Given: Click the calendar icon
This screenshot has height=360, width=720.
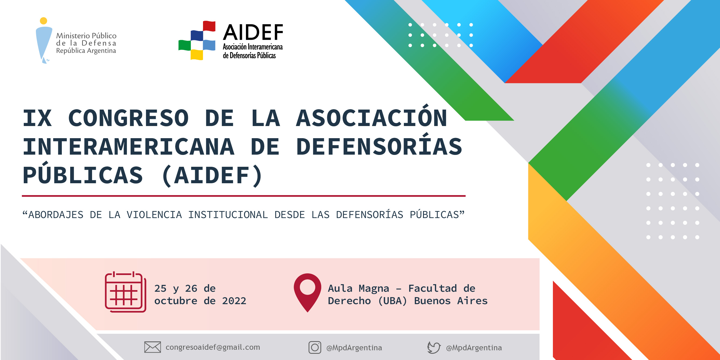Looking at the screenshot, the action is coord(126,292).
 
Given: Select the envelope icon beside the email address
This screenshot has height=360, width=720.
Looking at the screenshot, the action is coord(152,347).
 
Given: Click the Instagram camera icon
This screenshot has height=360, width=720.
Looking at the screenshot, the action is coord(315,347).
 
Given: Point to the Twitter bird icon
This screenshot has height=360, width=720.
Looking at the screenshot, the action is coord(434,347).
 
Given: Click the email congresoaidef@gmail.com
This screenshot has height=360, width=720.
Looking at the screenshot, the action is coord(213,347).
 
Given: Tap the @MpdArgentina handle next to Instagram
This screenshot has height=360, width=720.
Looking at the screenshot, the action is coord(354,348).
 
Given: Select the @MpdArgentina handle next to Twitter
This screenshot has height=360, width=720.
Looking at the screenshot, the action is coord(474,348).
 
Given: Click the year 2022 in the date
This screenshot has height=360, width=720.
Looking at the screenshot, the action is coord(234,301).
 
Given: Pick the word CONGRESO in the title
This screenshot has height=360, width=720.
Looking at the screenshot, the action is coord(129,118).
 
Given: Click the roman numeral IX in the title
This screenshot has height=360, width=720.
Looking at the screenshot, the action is coord(38,118).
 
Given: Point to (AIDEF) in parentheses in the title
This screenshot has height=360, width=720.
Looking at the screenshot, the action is coord(212,175).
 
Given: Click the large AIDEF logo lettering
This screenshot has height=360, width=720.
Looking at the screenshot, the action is coord(253,32).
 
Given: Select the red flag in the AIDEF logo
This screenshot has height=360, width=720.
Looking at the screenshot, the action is coord(209,26).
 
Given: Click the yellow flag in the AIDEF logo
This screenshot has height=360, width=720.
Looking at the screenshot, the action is coord(197,55).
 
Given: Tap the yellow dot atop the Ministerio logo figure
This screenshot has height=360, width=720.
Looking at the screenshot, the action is coord(44,21).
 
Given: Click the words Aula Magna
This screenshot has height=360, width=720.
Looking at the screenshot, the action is coord(358,288).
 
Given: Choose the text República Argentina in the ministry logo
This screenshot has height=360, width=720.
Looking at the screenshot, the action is coord(86,51).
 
